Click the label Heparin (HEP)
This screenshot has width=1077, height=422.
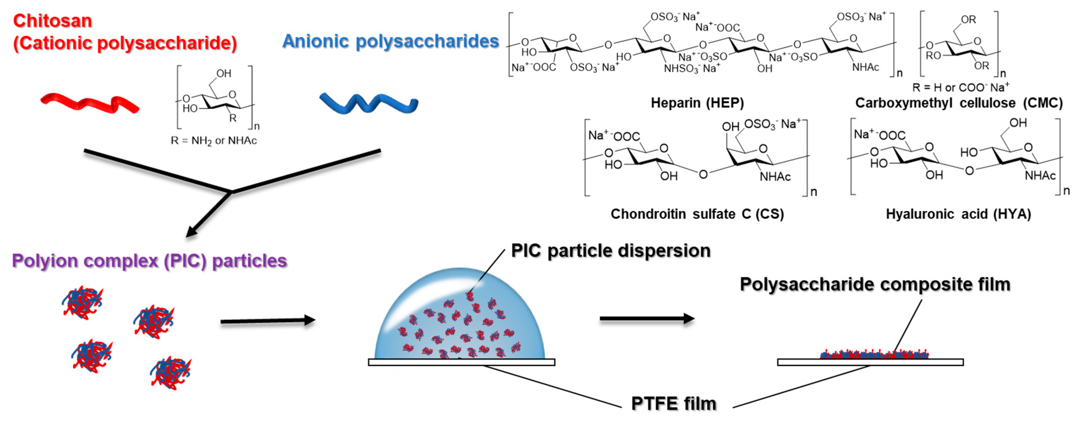click(x=697, y=103)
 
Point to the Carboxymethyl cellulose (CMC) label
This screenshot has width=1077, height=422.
click(x=958, y=103)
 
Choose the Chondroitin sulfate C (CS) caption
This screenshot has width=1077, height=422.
click(x=697, y=214)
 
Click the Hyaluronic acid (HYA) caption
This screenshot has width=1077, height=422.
click(x=958, y=214)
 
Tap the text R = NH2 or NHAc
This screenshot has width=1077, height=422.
click(x=213, y=141)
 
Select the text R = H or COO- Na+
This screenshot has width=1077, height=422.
click(x=960, y=87)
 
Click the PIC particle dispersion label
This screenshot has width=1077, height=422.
click(x=610, y=251)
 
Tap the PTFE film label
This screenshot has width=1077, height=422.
click(x=673, y=403)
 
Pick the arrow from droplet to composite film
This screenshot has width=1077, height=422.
click(x=647, y=318)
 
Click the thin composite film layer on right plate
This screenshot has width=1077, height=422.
click(x=874, y=355)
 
